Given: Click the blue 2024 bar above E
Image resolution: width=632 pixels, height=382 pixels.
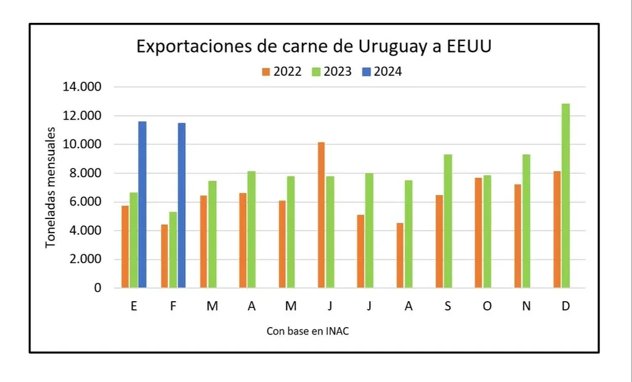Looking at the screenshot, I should click(x=142, y=204).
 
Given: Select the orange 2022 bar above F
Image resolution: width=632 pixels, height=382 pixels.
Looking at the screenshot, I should click(x=164, y=256).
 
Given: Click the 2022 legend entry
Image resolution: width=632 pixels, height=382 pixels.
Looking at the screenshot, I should click(x=281, y=72).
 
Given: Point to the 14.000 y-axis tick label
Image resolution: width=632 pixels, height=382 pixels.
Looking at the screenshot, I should click(x=82, y=87).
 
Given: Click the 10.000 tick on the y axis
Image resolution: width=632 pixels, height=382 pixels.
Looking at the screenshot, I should click(x=82, y=144).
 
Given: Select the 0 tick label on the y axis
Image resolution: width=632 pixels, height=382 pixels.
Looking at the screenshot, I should click(x=98, y=288).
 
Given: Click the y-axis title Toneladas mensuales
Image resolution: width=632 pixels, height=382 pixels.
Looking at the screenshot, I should click(x=52, y=187).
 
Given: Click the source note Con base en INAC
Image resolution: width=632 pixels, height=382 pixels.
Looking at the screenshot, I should click(x=308, y=331).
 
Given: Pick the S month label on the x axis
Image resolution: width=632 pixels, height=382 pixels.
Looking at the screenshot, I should click(x=447, y=307).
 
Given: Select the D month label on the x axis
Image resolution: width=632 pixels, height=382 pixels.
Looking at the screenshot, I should click(x=565, y=307).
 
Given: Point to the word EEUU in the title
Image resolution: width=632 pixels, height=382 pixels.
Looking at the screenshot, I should click(x=470, y=48).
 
